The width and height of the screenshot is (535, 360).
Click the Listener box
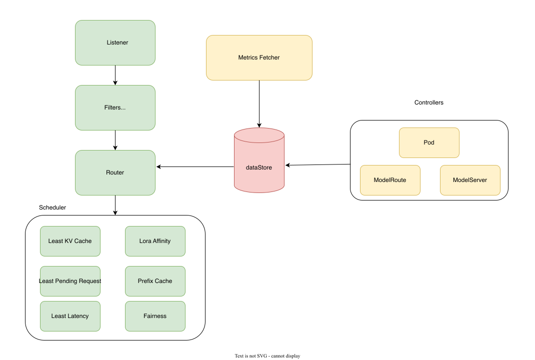(x=115, y=42)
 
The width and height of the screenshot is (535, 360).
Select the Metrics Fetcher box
(x=259, y=57)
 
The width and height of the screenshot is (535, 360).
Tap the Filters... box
(x=115, y=107)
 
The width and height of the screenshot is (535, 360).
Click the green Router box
(x=115, y=172)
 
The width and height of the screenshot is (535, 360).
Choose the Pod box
(x=429, y=142)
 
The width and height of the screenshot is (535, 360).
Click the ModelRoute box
(x=390, y=180)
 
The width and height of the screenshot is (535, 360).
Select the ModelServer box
(x=470, y=180)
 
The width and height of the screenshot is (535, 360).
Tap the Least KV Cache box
(x=70, y=241)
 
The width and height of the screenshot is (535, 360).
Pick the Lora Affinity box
(x=155, y=241)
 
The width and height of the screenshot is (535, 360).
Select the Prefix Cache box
(x=155, y=281)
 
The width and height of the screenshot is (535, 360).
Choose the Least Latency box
(x=70, y=316)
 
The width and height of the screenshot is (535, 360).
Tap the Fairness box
(x=155, y=316)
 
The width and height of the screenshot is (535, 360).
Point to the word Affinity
(x=161, y=241)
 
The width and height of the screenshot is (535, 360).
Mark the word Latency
(x=78, y=316)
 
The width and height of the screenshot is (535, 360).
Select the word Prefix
(x=146, y=281)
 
